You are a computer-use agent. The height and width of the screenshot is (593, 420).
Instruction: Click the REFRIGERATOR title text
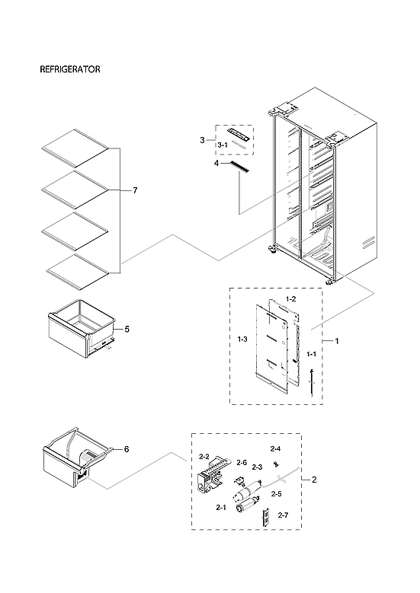click(x=70, y=69)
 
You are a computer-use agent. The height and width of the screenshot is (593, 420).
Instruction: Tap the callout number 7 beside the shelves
click(x=135, y=190)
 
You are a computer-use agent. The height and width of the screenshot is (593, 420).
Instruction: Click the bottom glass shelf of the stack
click(x=76, y=269)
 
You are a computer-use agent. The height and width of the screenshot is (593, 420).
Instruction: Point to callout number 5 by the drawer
click(x=127, y=330)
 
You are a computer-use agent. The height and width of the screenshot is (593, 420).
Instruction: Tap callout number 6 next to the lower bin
click(x=127, y=449)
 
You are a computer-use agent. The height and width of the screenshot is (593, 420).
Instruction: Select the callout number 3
click(x=201, y=140)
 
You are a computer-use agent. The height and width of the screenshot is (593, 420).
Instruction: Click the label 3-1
click(x=223, y=145)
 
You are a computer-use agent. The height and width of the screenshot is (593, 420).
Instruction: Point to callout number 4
click(x=216, y=163)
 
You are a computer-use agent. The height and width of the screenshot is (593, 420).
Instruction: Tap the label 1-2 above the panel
click(x=290, y=298)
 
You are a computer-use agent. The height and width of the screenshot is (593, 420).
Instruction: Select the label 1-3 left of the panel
click(x=242, y=338)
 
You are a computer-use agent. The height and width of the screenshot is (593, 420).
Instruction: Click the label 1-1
click(x=311, y=355)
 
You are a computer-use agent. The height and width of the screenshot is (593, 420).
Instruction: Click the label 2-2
click(x=204, y=457)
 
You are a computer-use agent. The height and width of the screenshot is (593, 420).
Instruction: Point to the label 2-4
click(x=275, y=448)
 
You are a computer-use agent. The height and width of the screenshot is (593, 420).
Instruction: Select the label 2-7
click(x=283, y=515)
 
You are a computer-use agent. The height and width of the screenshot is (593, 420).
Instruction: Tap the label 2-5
click(x=276, y=494)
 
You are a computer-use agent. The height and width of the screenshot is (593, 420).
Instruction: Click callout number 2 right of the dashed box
click(x=315, y=480)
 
